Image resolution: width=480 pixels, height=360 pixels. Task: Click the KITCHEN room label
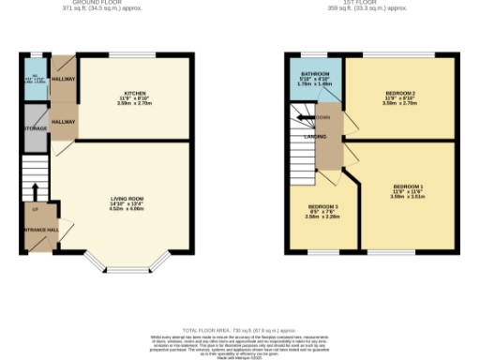click(x=136, y=93)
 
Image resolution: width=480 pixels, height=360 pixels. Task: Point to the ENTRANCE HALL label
click(x=40, y=229)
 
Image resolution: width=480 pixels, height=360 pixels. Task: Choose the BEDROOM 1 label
click(x=408, y=187)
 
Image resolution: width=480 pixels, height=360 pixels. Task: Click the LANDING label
click(x=315, y=136)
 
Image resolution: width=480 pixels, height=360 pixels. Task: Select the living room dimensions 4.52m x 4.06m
click(x=127, y=209)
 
